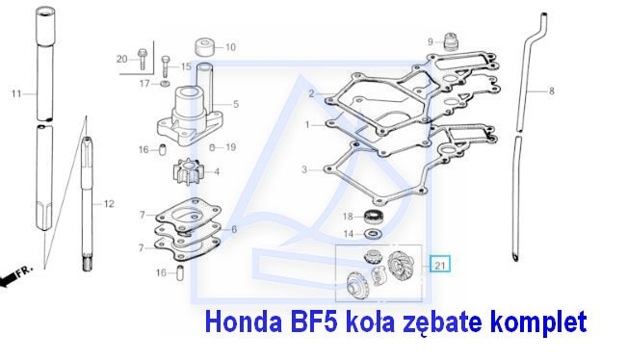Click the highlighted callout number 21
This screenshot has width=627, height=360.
point(440,264)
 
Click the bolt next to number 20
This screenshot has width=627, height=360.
point(142,59)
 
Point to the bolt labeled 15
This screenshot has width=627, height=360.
point(166,66)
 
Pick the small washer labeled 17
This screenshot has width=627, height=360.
point(165,84)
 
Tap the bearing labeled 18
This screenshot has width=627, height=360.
point(374,217)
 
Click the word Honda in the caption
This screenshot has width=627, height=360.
point(244,321)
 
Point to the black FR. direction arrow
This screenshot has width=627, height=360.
point(16,276)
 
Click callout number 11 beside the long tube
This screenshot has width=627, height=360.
point(16,94)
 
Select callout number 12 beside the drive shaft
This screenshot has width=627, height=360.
point(109,204)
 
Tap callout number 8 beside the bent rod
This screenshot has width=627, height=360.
point(552,91)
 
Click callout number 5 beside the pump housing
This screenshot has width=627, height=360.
point(236,104)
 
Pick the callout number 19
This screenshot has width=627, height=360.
point(231,147)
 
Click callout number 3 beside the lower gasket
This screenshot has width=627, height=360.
point(304,169)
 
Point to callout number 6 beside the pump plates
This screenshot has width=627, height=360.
point(234,229)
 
